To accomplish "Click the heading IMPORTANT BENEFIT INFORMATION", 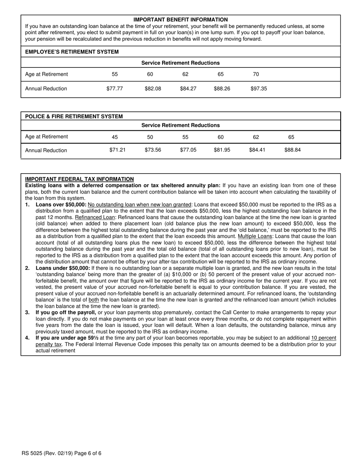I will click(x=180, y=19).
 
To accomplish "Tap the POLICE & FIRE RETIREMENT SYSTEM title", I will click(x=74, y=116).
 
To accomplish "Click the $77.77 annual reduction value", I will click(x=114, y=89).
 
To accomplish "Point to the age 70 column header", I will click(x=256, y=74).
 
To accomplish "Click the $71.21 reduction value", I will click(x=117, y=150).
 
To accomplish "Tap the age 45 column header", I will click(x=115, y=137).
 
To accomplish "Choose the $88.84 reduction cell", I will click(x=292, y=150).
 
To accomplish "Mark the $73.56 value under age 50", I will click(x=153, y=150).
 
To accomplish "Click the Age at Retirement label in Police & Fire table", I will click(x=46, y=137).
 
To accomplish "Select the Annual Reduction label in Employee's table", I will click(x=46, y=89).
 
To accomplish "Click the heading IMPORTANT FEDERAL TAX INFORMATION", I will click(x=79, y=179).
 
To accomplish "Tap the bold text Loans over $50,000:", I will click(x=61, y=205).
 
